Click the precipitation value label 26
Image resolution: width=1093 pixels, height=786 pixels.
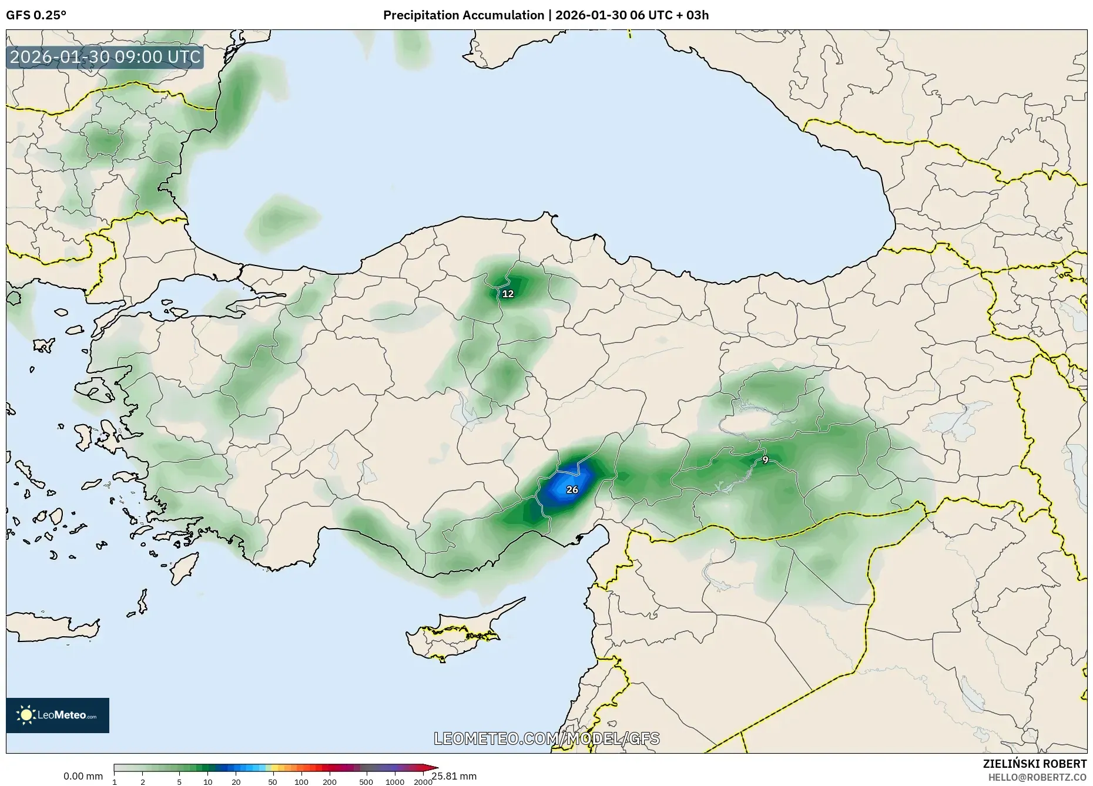572,490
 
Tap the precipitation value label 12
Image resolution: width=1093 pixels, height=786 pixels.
508,294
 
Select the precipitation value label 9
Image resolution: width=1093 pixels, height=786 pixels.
765,460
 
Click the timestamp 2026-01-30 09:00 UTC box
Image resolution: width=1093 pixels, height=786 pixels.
105,58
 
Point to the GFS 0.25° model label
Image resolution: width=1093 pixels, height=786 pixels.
36,15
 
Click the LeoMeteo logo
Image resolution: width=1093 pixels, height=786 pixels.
58,715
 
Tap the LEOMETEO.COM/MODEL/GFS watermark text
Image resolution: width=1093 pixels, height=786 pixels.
546,738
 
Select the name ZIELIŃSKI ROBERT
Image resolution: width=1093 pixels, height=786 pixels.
1034,764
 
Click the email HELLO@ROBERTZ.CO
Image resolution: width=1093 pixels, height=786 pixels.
1037,777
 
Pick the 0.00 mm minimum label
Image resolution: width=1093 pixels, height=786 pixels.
83,776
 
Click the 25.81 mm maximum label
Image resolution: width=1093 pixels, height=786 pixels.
454,776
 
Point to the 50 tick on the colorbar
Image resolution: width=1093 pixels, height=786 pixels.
272,782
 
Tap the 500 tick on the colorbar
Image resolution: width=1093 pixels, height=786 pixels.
366,782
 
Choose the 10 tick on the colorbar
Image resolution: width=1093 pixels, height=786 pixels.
207,782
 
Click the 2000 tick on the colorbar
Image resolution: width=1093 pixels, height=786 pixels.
423,782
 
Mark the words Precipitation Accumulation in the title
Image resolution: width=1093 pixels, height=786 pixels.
464,15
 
